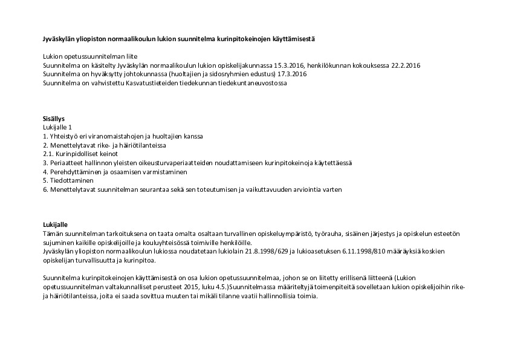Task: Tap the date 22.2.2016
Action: [x=406, y=65]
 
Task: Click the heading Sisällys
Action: [x=54, y=119]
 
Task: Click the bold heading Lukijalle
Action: [x=55, y=224]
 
